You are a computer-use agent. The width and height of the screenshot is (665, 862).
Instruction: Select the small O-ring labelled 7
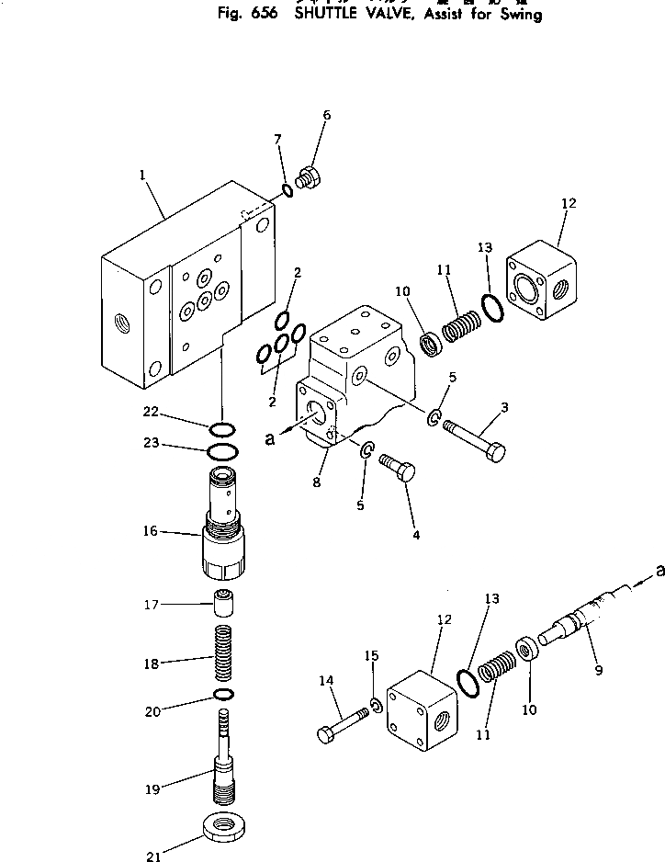point(287,191)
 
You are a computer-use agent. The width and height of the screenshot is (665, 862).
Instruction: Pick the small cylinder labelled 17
point(226,605)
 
